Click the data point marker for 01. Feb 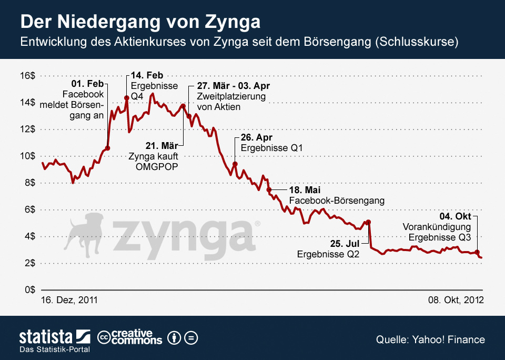(x=107, y=148)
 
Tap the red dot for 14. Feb (x=127, y=98)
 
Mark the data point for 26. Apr (x=235, y=164)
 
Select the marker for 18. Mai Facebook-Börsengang (x=269, y=189)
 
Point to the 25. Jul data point (x=369, y=222)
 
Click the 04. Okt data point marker (x=477, y=252)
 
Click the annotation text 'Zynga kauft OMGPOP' (x=154, y=162)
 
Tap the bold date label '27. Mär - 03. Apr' (x=235, y=86)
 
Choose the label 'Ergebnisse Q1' (x=272, y=148)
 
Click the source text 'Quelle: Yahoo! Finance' (x=430, y=339)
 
